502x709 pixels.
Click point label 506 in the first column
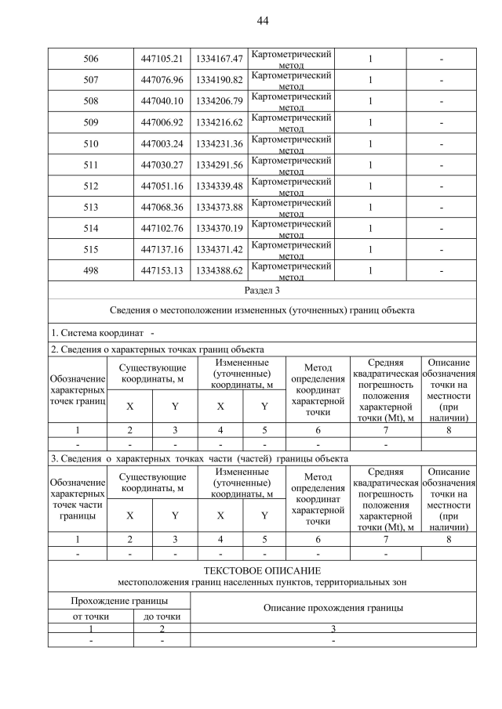pyautogui.click(x=90, y=59)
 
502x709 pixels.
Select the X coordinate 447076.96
pyautogui.click(x=162, y=80)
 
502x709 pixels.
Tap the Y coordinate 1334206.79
pyautogui.click(x=219, y=101)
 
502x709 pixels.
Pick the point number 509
pyautogui.click(x=90, y=122)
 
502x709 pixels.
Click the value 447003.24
pyautogui.click(x=162, y=143)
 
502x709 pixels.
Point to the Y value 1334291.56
pyautogui.click(x=219, y=165)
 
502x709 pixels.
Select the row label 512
pyautogui.click(x=90, y=186)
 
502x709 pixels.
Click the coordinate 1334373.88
pyautogui.click(x=219, y=207)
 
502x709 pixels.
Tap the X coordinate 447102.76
pyautogui.click(x=162, y=228)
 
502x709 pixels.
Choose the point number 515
pyautogui.click(x=90, y=249)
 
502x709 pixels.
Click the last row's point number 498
pyautogui.click(x=90, y=270)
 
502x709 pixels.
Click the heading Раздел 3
pyautogui.click(x=262, y=290)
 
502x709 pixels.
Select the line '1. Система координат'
pyautogui.click(x=98, y=335)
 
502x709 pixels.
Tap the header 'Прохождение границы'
pyautogui.click(x=119, y=601)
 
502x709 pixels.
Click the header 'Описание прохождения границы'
pyautogui.click(x=333, y=608)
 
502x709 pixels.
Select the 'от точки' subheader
pyautogui.click(x=90, y=617)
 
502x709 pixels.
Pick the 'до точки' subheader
pyautogui.click(x=162, y=617)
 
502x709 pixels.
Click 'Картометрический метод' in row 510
pyautogui.click(x=291, y=143)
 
